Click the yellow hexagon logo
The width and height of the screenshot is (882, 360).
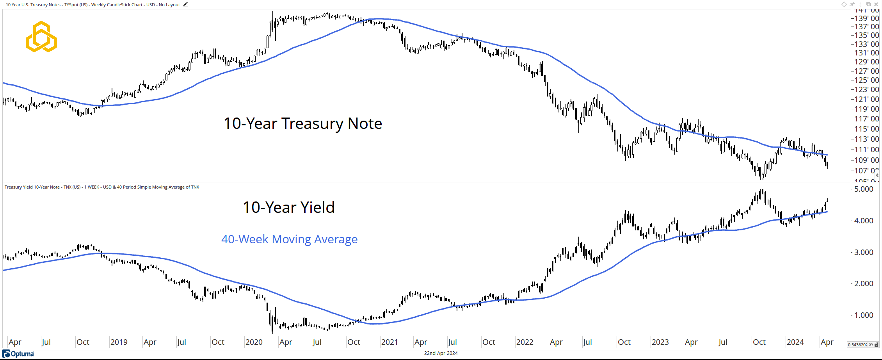click(x=41, y=37)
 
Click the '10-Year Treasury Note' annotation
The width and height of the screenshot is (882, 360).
click(x=302, y=123)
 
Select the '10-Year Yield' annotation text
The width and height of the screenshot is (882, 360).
click(x=288, y=207)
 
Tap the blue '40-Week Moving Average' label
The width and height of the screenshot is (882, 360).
click(x=289, y=239)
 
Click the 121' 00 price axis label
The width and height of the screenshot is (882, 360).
click(x=866, y=99)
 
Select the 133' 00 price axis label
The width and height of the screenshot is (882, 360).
click(x=866, y=44)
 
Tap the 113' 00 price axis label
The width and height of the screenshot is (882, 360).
click(x=866, y=139)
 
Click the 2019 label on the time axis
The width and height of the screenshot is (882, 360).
click(x=119, y=342)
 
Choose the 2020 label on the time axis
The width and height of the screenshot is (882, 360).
click(x=254, y=342)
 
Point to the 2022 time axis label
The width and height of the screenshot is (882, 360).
click(x=525, y=342)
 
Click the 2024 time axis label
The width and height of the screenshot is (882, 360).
click(x=795, y=342)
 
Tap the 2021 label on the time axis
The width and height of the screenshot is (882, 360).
click(x=389, y=342)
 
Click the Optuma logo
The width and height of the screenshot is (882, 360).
click(x=18, y=354)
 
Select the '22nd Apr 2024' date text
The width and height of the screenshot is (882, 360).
click(x=441, y=353)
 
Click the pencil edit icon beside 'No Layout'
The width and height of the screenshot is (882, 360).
click(x=185, y=5)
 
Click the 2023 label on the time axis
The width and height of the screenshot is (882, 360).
click(x=660, y=342)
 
